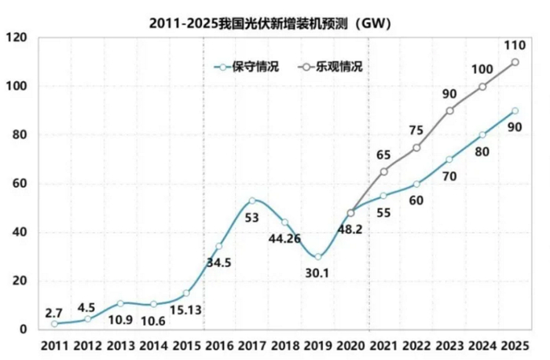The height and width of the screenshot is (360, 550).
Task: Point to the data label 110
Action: pos(515,46)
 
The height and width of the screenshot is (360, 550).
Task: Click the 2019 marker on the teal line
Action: pos(317,257)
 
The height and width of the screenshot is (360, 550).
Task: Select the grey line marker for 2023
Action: pos(449,111)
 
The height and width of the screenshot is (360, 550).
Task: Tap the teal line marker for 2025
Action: pos(515,111)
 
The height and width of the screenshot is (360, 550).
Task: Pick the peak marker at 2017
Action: pos(251,200)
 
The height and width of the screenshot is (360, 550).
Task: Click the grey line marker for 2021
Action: pos(383,171)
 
